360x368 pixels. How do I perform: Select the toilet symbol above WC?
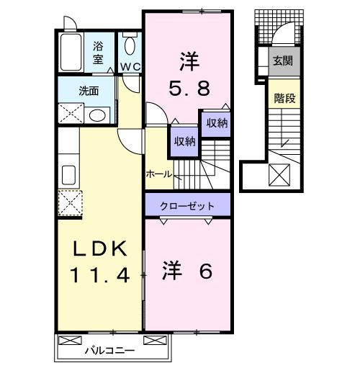(x=130, y=46)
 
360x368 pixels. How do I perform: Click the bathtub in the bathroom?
(x=71, y=53)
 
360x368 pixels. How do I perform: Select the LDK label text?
(x=100, y=250)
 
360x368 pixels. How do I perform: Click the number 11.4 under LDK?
(x=100, y=274)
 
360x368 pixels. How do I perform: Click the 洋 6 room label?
(x=188, y=272)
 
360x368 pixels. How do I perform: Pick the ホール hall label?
(x=158, y=174)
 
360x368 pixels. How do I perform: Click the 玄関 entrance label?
(x=282, y=61)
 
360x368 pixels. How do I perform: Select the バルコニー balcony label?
(x=109, y=351)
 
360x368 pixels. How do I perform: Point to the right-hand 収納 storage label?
(x=217, y=123)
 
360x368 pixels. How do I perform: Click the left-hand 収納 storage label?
(x=184, y=141)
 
